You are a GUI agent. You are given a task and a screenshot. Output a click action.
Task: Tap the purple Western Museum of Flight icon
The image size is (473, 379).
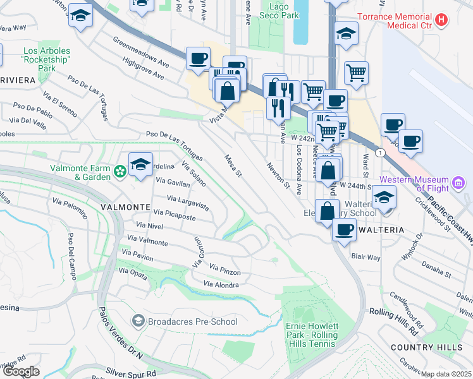click(x=458, y=184)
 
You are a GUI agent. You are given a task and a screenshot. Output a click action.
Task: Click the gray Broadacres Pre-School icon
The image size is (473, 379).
click(x=137, y=322)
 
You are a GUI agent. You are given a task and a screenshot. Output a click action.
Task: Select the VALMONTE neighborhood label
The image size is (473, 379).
click(x=124, y=207)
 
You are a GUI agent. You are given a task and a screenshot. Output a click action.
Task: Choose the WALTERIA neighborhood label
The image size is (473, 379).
click(x=381, y=230)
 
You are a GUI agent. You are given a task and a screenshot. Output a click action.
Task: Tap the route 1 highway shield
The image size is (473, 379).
click(x=378, y=153)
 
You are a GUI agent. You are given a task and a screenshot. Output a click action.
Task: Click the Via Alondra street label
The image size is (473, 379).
click(x=221, y=285)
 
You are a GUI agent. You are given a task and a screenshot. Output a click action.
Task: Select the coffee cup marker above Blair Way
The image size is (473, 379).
click(x=344, y=229)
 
